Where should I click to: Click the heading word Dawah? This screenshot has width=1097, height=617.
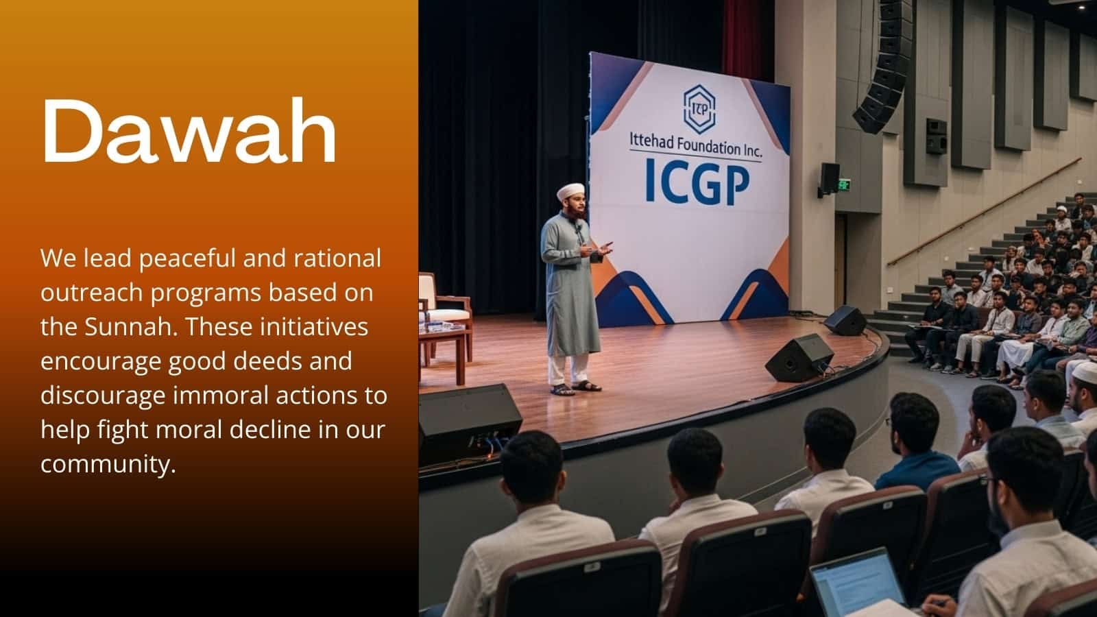(189, 131)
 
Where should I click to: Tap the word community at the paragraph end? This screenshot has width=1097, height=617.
(108, 463)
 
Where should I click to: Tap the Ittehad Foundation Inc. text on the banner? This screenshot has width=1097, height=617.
(695, 145)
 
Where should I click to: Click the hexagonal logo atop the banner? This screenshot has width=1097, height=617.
(699, 109)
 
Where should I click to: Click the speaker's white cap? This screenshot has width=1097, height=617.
(570, 191)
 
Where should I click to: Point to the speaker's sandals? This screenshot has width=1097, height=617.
(575, 388)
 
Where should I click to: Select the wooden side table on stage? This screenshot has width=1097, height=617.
(442, 352)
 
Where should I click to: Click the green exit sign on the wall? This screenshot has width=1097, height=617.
(844, 185)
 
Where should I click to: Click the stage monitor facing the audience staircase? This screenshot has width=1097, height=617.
(845, 320)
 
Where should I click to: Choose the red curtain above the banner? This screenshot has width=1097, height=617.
(741, 39)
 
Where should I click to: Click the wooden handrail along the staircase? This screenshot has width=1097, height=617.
(985, 212)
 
